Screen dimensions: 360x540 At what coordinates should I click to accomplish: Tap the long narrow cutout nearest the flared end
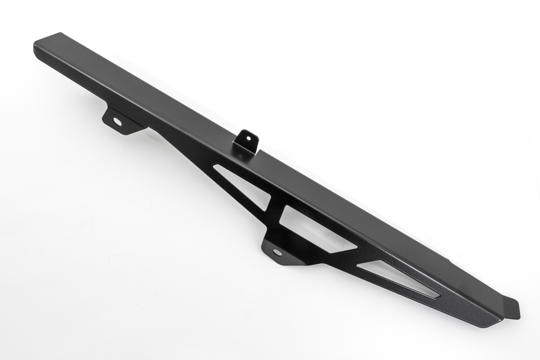point(396,279)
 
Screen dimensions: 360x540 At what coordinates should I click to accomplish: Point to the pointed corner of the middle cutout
point(357,247)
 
